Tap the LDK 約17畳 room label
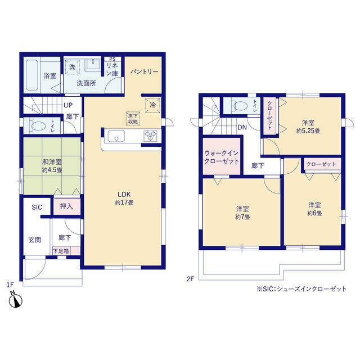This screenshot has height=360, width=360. pos(124,199)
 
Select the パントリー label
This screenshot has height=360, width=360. pos(145,72)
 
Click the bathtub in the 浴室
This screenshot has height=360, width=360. pos(31,75)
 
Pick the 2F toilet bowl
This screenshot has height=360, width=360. pos(240,106)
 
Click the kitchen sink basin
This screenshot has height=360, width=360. pos(116,136)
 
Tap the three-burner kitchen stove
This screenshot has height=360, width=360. pos(150,136)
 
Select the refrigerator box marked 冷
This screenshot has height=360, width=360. pos(152,105)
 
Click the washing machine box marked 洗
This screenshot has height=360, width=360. pos(72,67)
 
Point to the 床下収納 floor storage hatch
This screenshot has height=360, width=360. pos(133,119)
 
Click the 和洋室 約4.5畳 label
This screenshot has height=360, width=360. pos(52,166)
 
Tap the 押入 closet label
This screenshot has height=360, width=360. pos(66,206)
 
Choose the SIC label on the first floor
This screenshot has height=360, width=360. pos(37,207)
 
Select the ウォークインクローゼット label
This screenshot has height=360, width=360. pos(222,157)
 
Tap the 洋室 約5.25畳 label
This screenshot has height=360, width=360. pos(308,127)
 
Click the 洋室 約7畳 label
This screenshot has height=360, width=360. pos(242,213)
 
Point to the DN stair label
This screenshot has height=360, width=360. pos(242,127)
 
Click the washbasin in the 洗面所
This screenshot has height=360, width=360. pos(93,64)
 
